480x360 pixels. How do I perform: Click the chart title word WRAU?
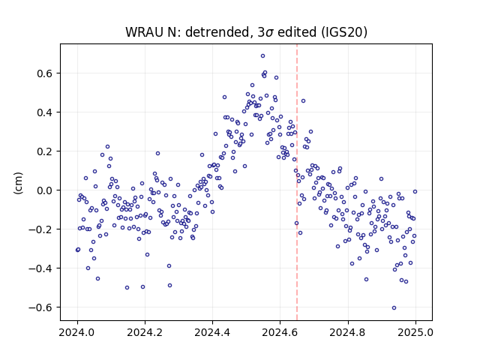point(145,32)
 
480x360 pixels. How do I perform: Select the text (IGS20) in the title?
point(343,32)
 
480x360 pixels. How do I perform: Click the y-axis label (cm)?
point(18,183)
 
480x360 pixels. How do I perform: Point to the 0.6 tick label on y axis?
point(45,73)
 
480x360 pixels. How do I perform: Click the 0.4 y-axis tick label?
point(45,112)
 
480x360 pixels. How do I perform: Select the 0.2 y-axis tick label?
point(45,151)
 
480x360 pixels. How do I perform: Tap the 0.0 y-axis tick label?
point(45,190)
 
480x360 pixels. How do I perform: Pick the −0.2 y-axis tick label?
point(40,229)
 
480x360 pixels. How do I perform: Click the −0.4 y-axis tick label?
point(40,268)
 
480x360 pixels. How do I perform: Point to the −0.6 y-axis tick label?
point(40,307)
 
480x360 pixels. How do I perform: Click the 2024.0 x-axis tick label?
point(77,332)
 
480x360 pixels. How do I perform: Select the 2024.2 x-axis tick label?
point(145,332)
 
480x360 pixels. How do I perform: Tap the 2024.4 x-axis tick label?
point(212,332)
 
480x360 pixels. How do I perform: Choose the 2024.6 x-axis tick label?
point(280,332)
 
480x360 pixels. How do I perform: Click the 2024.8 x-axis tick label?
point(348,332)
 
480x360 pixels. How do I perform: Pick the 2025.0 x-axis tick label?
point(415,332)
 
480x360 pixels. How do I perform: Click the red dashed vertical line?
point(297,182)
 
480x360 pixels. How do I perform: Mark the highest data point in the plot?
point(262,56)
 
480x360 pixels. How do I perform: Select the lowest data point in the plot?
point(394,308)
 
